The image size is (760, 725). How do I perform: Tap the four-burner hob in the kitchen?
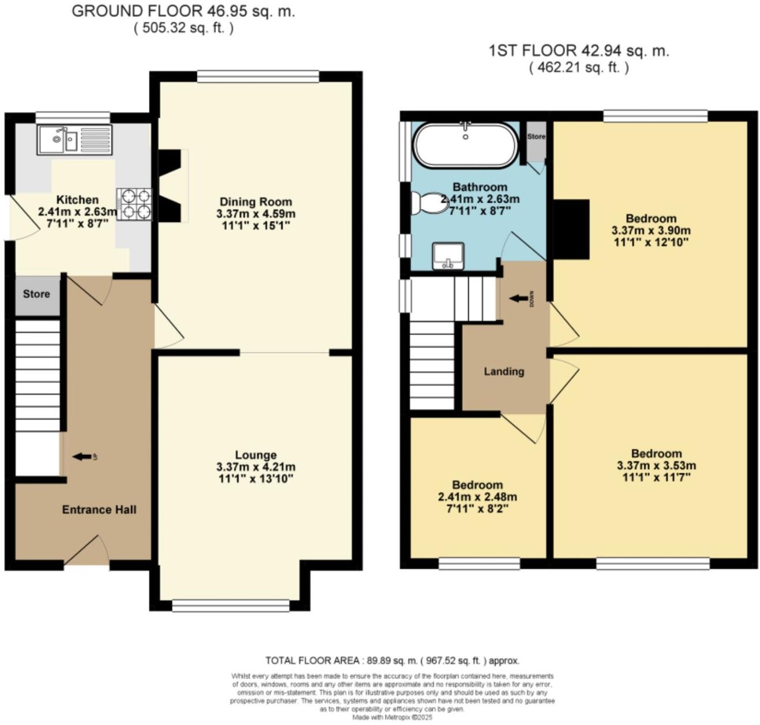(134, 204)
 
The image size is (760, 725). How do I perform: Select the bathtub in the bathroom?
(466, 145)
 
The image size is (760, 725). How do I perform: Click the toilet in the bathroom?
(426, 204)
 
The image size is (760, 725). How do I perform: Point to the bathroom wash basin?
(448, 256)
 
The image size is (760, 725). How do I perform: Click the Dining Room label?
(256, 202)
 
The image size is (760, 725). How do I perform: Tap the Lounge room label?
(256, 455)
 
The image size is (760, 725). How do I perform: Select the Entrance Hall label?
(99, 510)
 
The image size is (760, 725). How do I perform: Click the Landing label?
(504, 371)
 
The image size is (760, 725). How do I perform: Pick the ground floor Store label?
(36, 294)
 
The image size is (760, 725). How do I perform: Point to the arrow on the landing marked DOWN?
(519, 298)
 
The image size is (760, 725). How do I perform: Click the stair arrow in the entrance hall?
(82, 457)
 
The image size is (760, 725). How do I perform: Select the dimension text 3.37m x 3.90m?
(651, 230)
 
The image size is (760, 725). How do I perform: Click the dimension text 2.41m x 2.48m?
(477, 497)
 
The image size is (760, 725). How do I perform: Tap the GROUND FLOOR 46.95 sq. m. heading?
(184, 12)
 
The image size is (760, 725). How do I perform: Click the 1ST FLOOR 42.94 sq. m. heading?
(579, 51)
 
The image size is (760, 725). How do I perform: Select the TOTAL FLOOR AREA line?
(392, 660)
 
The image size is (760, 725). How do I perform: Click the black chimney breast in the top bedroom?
(571, 229)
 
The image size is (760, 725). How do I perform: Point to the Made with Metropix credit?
(392, 717)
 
